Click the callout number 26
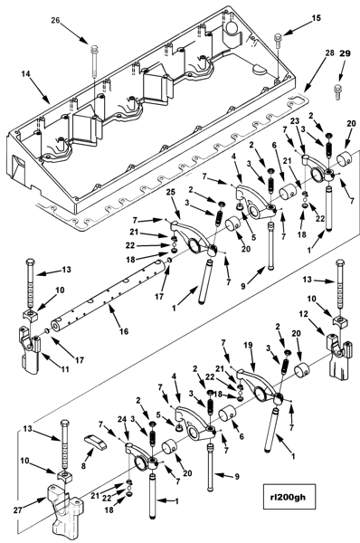56,20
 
